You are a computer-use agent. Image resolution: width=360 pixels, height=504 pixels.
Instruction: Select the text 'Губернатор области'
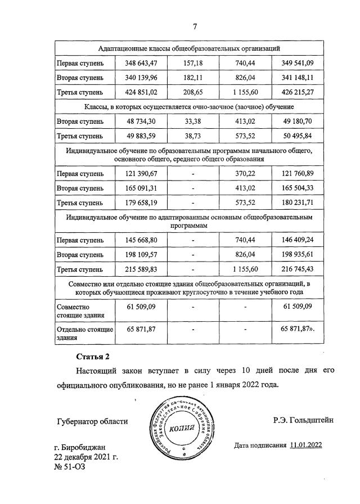tap(92, 421)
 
